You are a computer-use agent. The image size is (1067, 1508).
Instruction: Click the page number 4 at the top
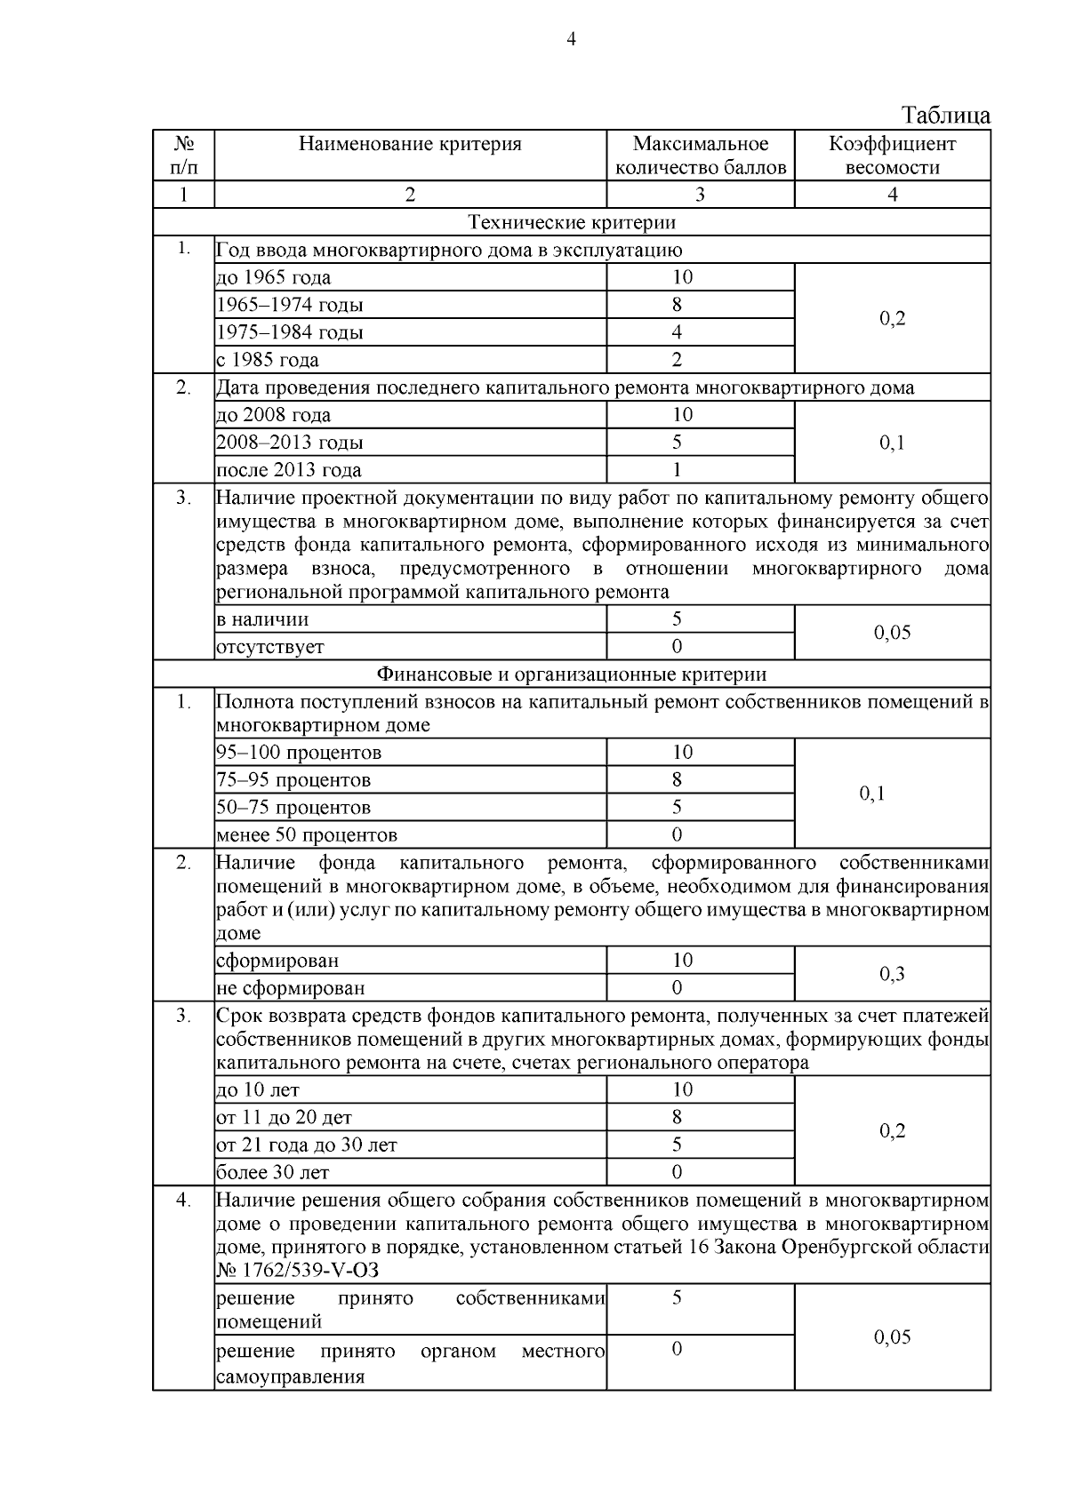pos(571,39)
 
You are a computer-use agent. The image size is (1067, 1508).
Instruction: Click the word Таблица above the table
pos(945,116)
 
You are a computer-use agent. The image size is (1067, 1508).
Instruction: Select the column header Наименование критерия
pos(410,144)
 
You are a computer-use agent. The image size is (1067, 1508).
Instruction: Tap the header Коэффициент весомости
pos(892,156)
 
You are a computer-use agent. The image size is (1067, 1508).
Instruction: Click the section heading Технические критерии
pos(571,222)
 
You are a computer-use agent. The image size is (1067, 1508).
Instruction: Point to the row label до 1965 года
pos(274,277)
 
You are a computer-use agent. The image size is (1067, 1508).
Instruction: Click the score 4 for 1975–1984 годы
pos(677,332)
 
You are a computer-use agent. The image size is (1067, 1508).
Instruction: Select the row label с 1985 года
pos(268,360)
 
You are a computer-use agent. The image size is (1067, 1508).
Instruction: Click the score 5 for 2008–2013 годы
pos(677,443)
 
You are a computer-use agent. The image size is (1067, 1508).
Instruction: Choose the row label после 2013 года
pos(289,470)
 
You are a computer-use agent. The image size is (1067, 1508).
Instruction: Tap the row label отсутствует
pos(270,647)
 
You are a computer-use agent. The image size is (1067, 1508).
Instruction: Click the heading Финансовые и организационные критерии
pos(571,674)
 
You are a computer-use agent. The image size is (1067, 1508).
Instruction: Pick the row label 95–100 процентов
pos(299,753)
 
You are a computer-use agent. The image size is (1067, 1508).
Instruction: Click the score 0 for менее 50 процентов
pos(677,835)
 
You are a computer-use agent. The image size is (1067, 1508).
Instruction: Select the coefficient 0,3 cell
pos(892,974)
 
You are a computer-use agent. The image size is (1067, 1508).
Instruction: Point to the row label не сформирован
pos(291,988)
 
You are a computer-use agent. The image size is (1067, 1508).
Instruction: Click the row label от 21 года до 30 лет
pos(307,1145)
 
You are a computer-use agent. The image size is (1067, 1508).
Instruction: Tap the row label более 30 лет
pos(273,1173)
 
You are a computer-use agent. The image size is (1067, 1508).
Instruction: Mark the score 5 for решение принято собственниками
pos(677,1298)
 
